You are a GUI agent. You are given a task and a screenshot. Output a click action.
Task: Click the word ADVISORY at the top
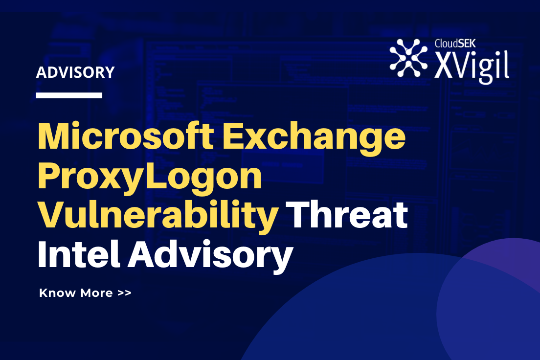pyautogui.click(x=75, y=72)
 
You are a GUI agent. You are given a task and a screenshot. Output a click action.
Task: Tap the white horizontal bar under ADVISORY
pyautogui.click(x=69, y=95)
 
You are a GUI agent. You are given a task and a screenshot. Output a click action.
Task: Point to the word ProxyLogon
pyautogui.click(x=150, y=179)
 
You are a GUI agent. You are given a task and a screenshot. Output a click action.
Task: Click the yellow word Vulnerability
pyautogui.click(x=158, y=217)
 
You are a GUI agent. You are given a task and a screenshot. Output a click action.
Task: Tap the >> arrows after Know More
pyautogui.click(x=124, y=293)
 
